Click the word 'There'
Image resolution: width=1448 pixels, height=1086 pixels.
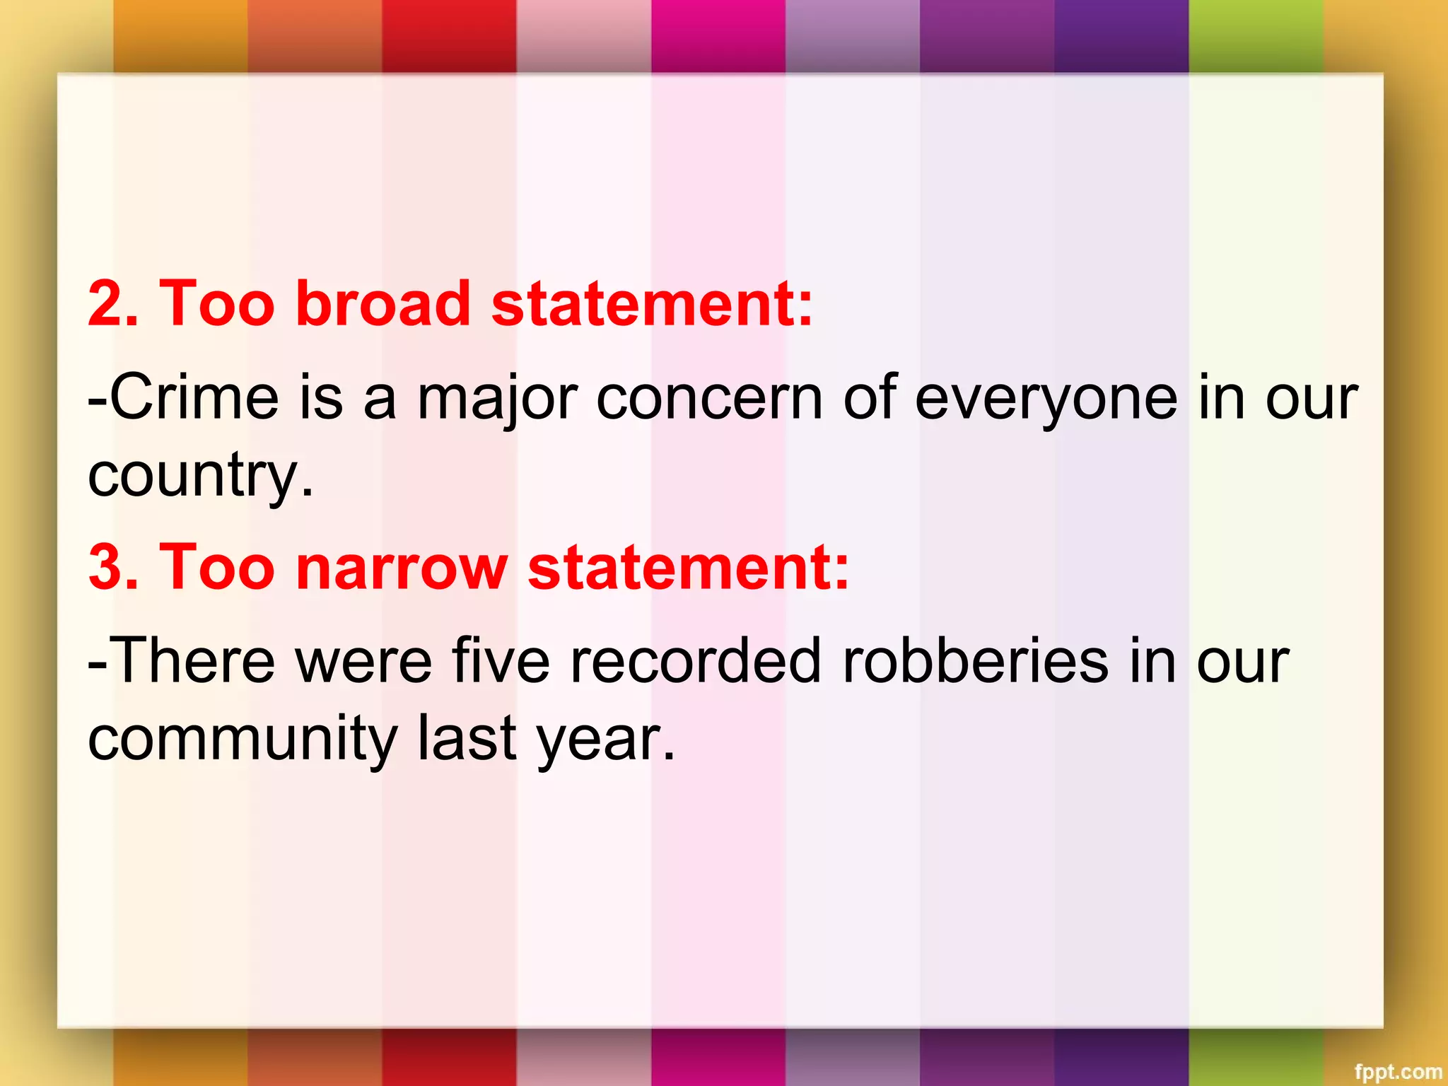click(193, 661)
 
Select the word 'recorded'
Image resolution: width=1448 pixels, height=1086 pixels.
click(696, 661)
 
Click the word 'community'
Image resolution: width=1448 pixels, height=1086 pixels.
click(243, 739)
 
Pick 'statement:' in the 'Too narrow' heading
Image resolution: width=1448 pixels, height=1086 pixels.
click(688, 567)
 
